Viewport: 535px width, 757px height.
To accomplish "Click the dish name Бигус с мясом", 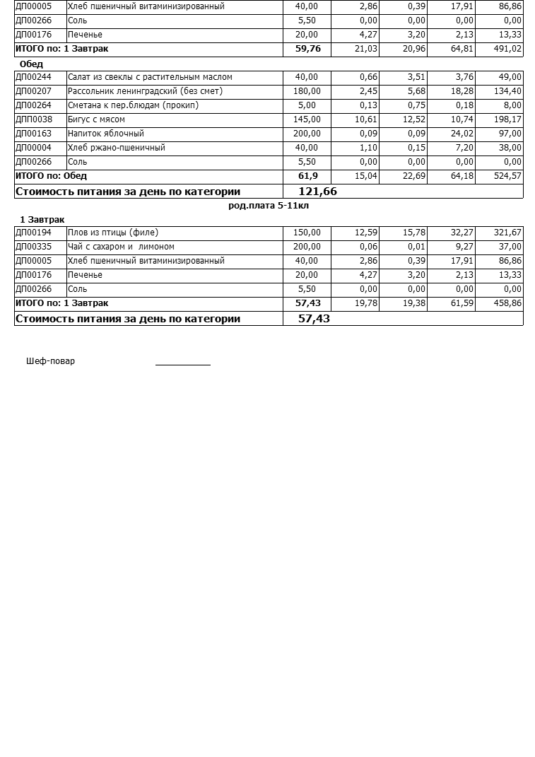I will tap(96, 119).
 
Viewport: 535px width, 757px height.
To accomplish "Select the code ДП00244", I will tap(33, 77).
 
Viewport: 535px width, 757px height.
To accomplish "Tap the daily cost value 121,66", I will tap(317, 192).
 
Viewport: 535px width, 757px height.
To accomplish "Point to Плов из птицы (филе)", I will tap(113, 233).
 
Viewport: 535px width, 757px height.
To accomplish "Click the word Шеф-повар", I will tap(50, 361).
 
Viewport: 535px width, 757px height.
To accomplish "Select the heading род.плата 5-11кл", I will tap(269, 206).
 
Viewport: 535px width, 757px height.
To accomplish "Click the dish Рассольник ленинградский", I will tap(145, 91).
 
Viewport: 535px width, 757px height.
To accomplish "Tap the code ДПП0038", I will tap(34, 119).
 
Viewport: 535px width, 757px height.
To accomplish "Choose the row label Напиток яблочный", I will tap(106, 134).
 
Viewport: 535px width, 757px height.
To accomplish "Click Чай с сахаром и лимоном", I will tap(121, 247).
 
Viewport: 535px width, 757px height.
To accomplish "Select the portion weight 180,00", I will tap(306, 91).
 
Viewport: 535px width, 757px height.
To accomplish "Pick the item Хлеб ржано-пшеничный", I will tap(117, 148).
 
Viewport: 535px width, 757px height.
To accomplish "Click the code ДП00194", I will tap(33, 233).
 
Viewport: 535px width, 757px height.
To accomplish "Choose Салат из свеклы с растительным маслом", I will tap(150, 77).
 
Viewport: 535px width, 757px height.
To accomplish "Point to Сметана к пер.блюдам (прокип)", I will tap(133, 105).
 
